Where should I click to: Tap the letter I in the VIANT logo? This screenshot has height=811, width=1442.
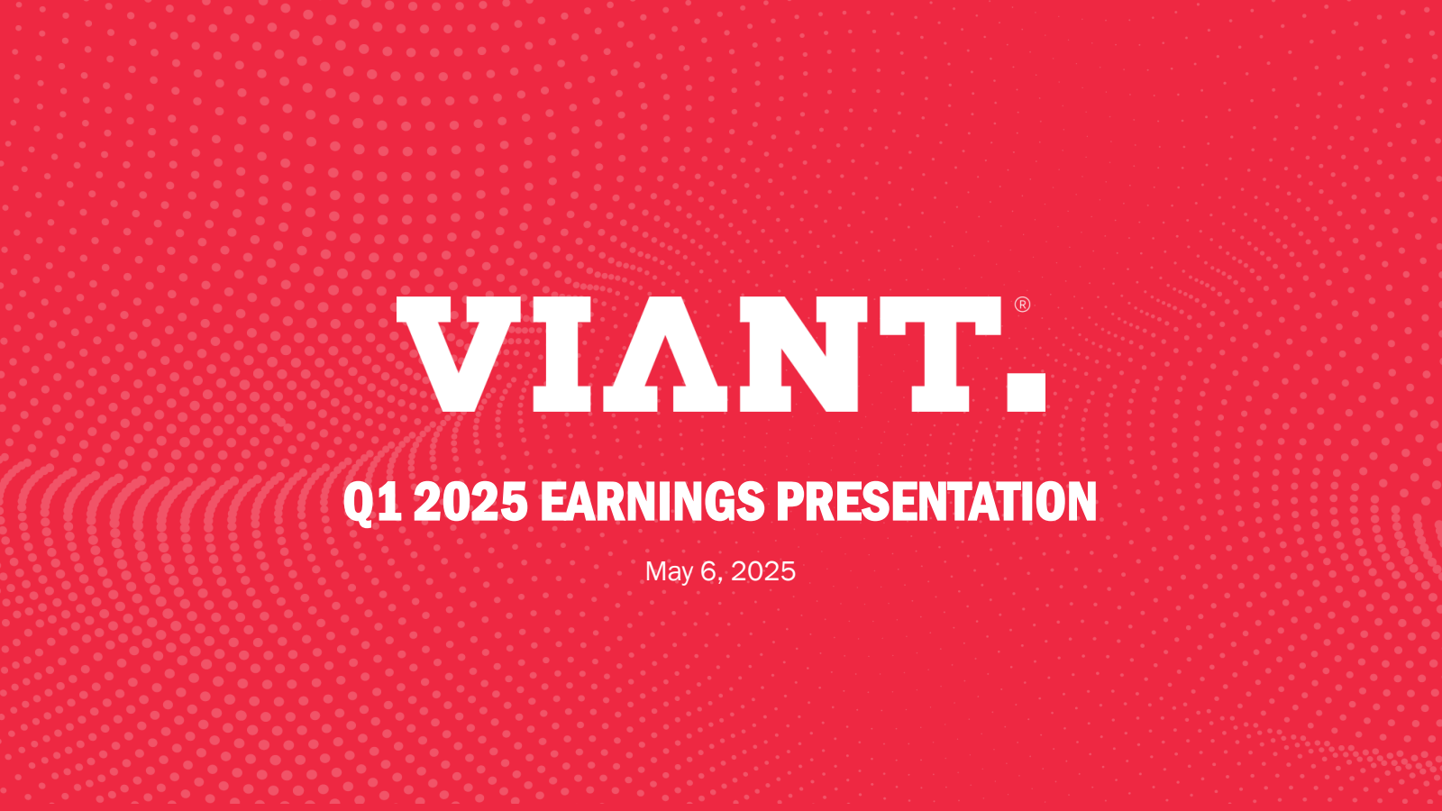click(562, 354)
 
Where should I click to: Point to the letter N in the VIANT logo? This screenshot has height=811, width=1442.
click(799, 354)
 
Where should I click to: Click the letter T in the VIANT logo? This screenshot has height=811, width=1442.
click(941, 354)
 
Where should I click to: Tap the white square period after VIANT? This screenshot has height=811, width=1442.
click(1027, 391)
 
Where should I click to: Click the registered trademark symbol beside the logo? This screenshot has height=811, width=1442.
click(1022, 305)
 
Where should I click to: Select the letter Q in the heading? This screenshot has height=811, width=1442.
click(357, 504)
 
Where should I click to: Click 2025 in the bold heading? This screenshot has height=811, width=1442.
click(470, 501)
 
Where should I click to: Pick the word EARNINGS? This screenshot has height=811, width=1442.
click(653, 501)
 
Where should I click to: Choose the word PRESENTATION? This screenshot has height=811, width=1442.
click(936, 501)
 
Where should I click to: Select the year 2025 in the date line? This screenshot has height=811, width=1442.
click(762, 571)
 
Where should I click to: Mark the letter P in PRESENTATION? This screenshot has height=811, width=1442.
click(790, 501)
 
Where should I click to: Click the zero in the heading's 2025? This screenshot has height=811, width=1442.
click(456, 501)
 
